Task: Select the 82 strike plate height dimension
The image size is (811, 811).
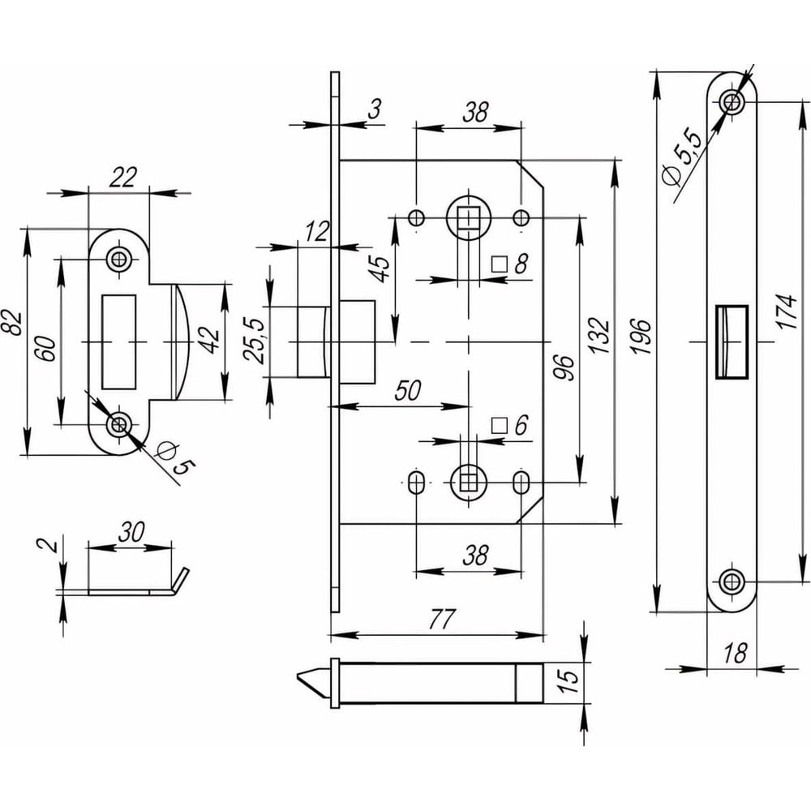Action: tap(12, 321)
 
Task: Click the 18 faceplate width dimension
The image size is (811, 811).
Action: tap(734, 653)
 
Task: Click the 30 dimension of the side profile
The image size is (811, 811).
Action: tap(131, 532)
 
